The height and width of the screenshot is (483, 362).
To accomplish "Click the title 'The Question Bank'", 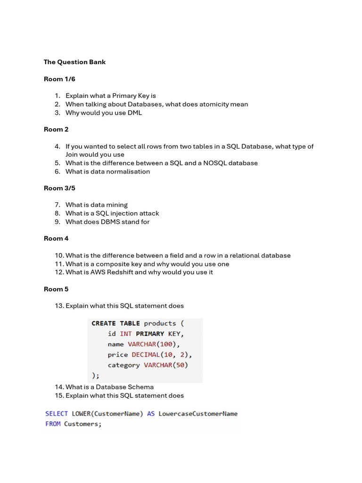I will coord(74,62).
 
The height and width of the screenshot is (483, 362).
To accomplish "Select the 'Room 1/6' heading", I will coord(59,79).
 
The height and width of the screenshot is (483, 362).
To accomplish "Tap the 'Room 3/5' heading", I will coord(59,188).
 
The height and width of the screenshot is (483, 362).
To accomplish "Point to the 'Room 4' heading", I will coord(56,239).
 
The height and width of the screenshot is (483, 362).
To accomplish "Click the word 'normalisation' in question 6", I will coord(128,172).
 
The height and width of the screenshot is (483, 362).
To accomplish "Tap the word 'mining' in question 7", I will coord(117,205).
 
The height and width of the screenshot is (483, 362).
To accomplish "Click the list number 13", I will coord(59,306).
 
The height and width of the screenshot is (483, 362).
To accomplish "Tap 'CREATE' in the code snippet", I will coord(104,324).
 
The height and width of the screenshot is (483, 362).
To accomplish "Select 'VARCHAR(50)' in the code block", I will coord(166,365).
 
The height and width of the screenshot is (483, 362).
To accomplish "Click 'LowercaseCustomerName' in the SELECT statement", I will coord(198,414).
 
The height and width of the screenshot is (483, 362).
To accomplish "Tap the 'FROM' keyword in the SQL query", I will coord(53,424).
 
